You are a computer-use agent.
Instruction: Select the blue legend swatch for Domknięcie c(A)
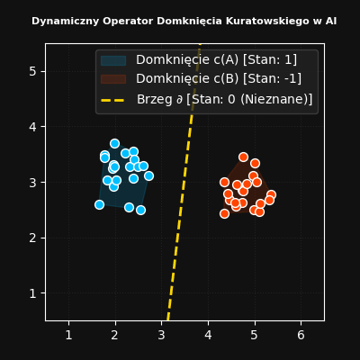click(x=113, y=60)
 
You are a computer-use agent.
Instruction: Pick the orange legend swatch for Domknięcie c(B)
click(x=113, y=79)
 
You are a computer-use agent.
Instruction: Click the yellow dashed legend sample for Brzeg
click(x=113, y=100)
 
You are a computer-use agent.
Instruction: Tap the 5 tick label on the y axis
click(x=33, y=72)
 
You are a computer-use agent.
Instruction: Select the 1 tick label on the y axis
click(x=33, y=293)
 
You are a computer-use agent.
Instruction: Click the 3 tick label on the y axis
click(x=33, y=183)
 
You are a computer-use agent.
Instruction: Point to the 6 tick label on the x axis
click(x=301, y=335)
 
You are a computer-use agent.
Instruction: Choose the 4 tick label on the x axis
click(x=208, y=335)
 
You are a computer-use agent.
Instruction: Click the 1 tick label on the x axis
click(x=69, y=335)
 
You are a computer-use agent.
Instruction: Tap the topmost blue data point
click(x=114, y=143)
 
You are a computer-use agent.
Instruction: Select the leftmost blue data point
click(x=99, y=205)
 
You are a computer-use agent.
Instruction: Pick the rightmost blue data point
click(x=148, y=176)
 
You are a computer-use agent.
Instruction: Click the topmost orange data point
click(x=243, y=157)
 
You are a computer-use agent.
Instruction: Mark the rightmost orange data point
click(x=271, y=195)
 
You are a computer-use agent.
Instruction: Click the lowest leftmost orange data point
click(x=224, y=214)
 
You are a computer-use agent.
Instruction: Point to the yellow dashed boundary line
click(x=184, y=183)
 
